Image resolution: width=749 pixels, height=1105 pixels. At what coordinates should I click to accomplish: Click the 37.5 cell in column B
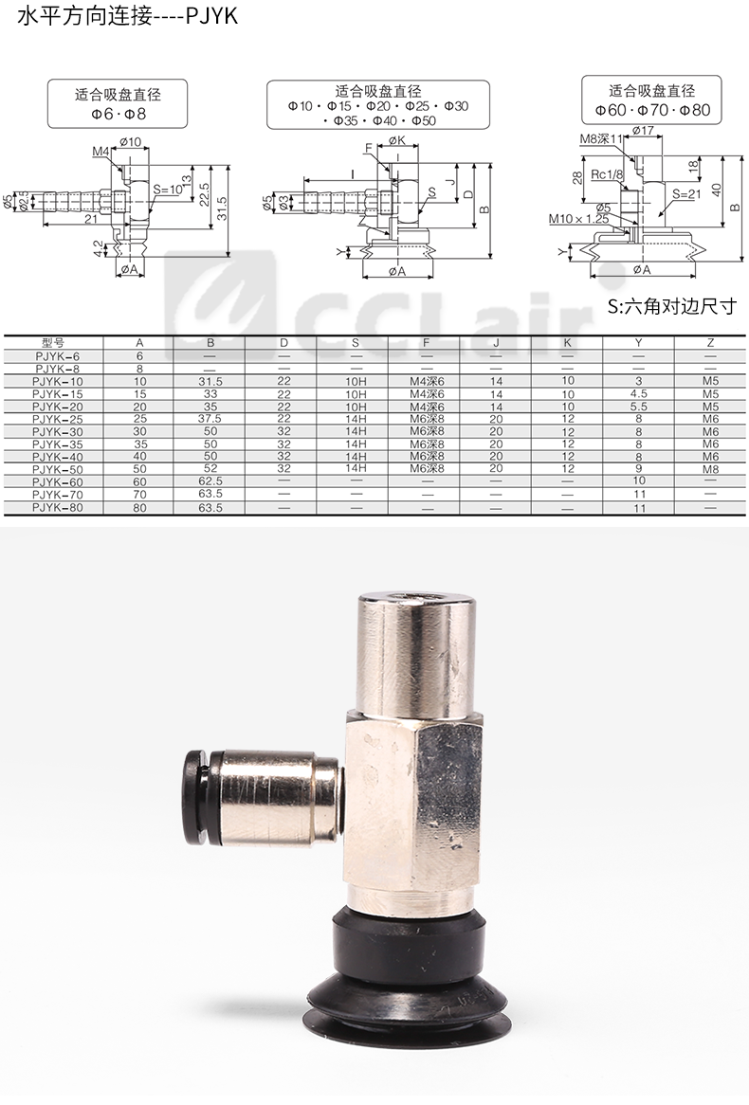coord(210,419)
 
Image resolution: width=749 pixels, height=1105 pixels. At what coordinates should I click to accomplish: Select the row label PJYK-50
coord(57,469)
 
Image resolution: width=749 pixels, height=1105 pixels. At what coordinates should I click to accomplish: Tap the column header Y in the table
coord(638,342)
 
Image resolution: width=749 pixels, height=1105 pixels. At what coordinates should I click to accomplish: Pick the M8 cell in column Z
coord(710,469)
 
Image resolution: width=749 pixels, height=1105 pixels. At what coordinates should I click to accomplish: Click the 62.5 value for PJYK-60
coord(210,481)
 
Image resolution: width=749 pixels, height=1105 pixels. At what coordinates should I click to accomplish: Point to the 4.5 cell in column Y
coord(638,394)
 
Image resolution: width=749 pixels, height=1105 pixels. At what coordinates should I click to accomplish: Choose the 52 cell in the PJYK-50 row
coord(210,469)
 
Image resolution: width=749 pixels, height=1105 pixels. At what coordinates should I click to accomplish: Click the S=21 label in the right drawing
coord(686,193)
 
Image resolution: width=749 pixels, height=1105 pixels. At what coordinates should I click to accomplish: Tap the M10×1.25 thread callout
coord(578,219)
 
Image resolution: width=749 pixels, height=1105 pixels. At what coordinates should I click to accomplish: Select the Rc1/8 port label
coord(607,174)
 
